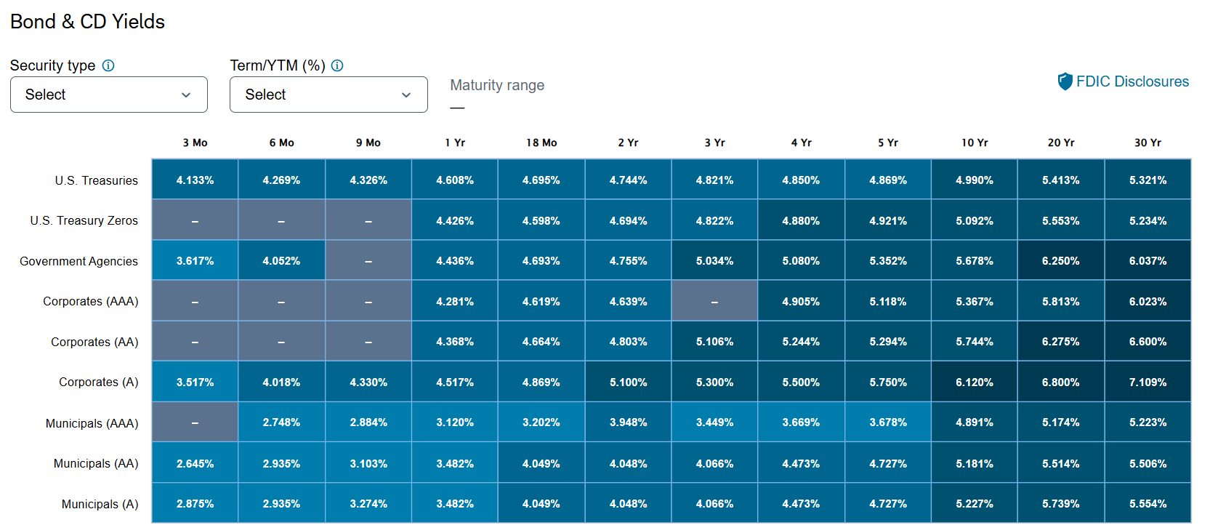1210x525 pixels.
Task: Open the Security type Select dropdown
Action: point(108,95)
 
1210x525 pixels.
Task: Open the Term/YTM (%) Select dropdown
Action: point(328,95)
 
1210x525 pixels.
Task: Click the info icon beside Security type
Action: point(108,65)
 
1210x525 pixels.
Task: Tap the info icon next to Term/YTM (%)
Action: point(337,65)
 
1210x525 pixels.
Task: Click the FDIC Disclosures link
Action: point(1123,81)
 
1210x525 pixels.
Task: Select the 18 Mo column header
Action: point(541,143)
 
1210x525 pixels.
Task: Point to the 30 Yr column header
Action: point(1148,143)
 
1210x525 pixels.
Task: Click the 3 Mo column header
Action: point(195,143)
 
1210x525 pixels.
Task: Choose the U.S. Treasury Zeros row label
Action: point(84,220)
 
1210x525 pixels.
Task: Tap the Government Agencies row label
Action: point(79,261)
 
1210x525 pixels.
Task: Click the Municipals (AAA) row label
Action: point(92,423)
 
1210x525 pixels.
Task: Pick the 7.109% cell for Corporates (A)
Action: point(1148,382)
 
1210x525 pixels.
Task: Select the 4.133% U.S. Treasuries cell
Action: point(195,180)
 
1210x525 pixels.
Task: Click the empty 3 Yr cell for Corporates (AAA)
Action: point(714,301)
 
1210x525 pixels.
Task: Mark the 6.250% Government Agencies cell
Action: point(1061,260)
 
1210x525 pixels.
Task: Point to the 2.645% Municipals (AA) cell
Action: point(195,462)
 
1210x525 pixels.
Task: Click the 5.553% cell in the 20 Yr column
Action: point(1061,220)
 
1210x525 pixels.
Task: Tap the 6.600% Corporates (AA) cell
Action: point(1148,341)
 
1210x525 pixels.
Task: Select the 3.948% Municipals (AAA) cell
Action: point(628,422)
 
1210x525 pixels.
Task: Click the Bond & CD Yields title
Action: point(87,22)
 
